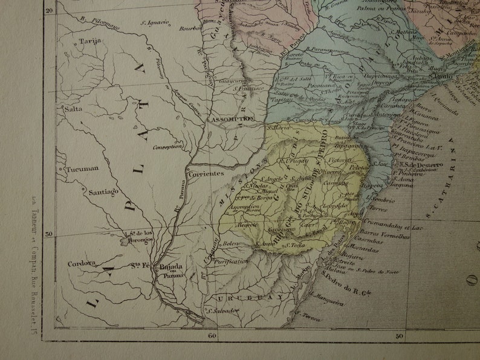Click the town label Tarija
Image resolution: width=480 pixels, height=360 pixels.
(89, 41)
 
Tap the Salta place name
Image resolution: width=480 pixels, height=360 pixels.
(73, 109)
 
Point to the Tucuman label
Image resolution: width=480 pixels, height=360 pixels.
(82, 169)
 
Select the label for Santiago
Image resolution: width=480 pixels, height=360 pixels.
(103, 192)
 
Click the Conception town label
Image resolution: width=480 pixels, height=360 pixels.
(168, 146)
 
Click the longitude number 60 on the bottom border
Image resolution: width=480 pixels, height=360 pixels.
(212, 335)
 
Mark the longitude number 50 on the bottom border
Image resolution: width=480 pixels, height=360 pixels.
(398, 335)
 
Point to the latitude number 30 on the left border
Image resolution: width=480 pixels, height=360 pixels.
(50, 235)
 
